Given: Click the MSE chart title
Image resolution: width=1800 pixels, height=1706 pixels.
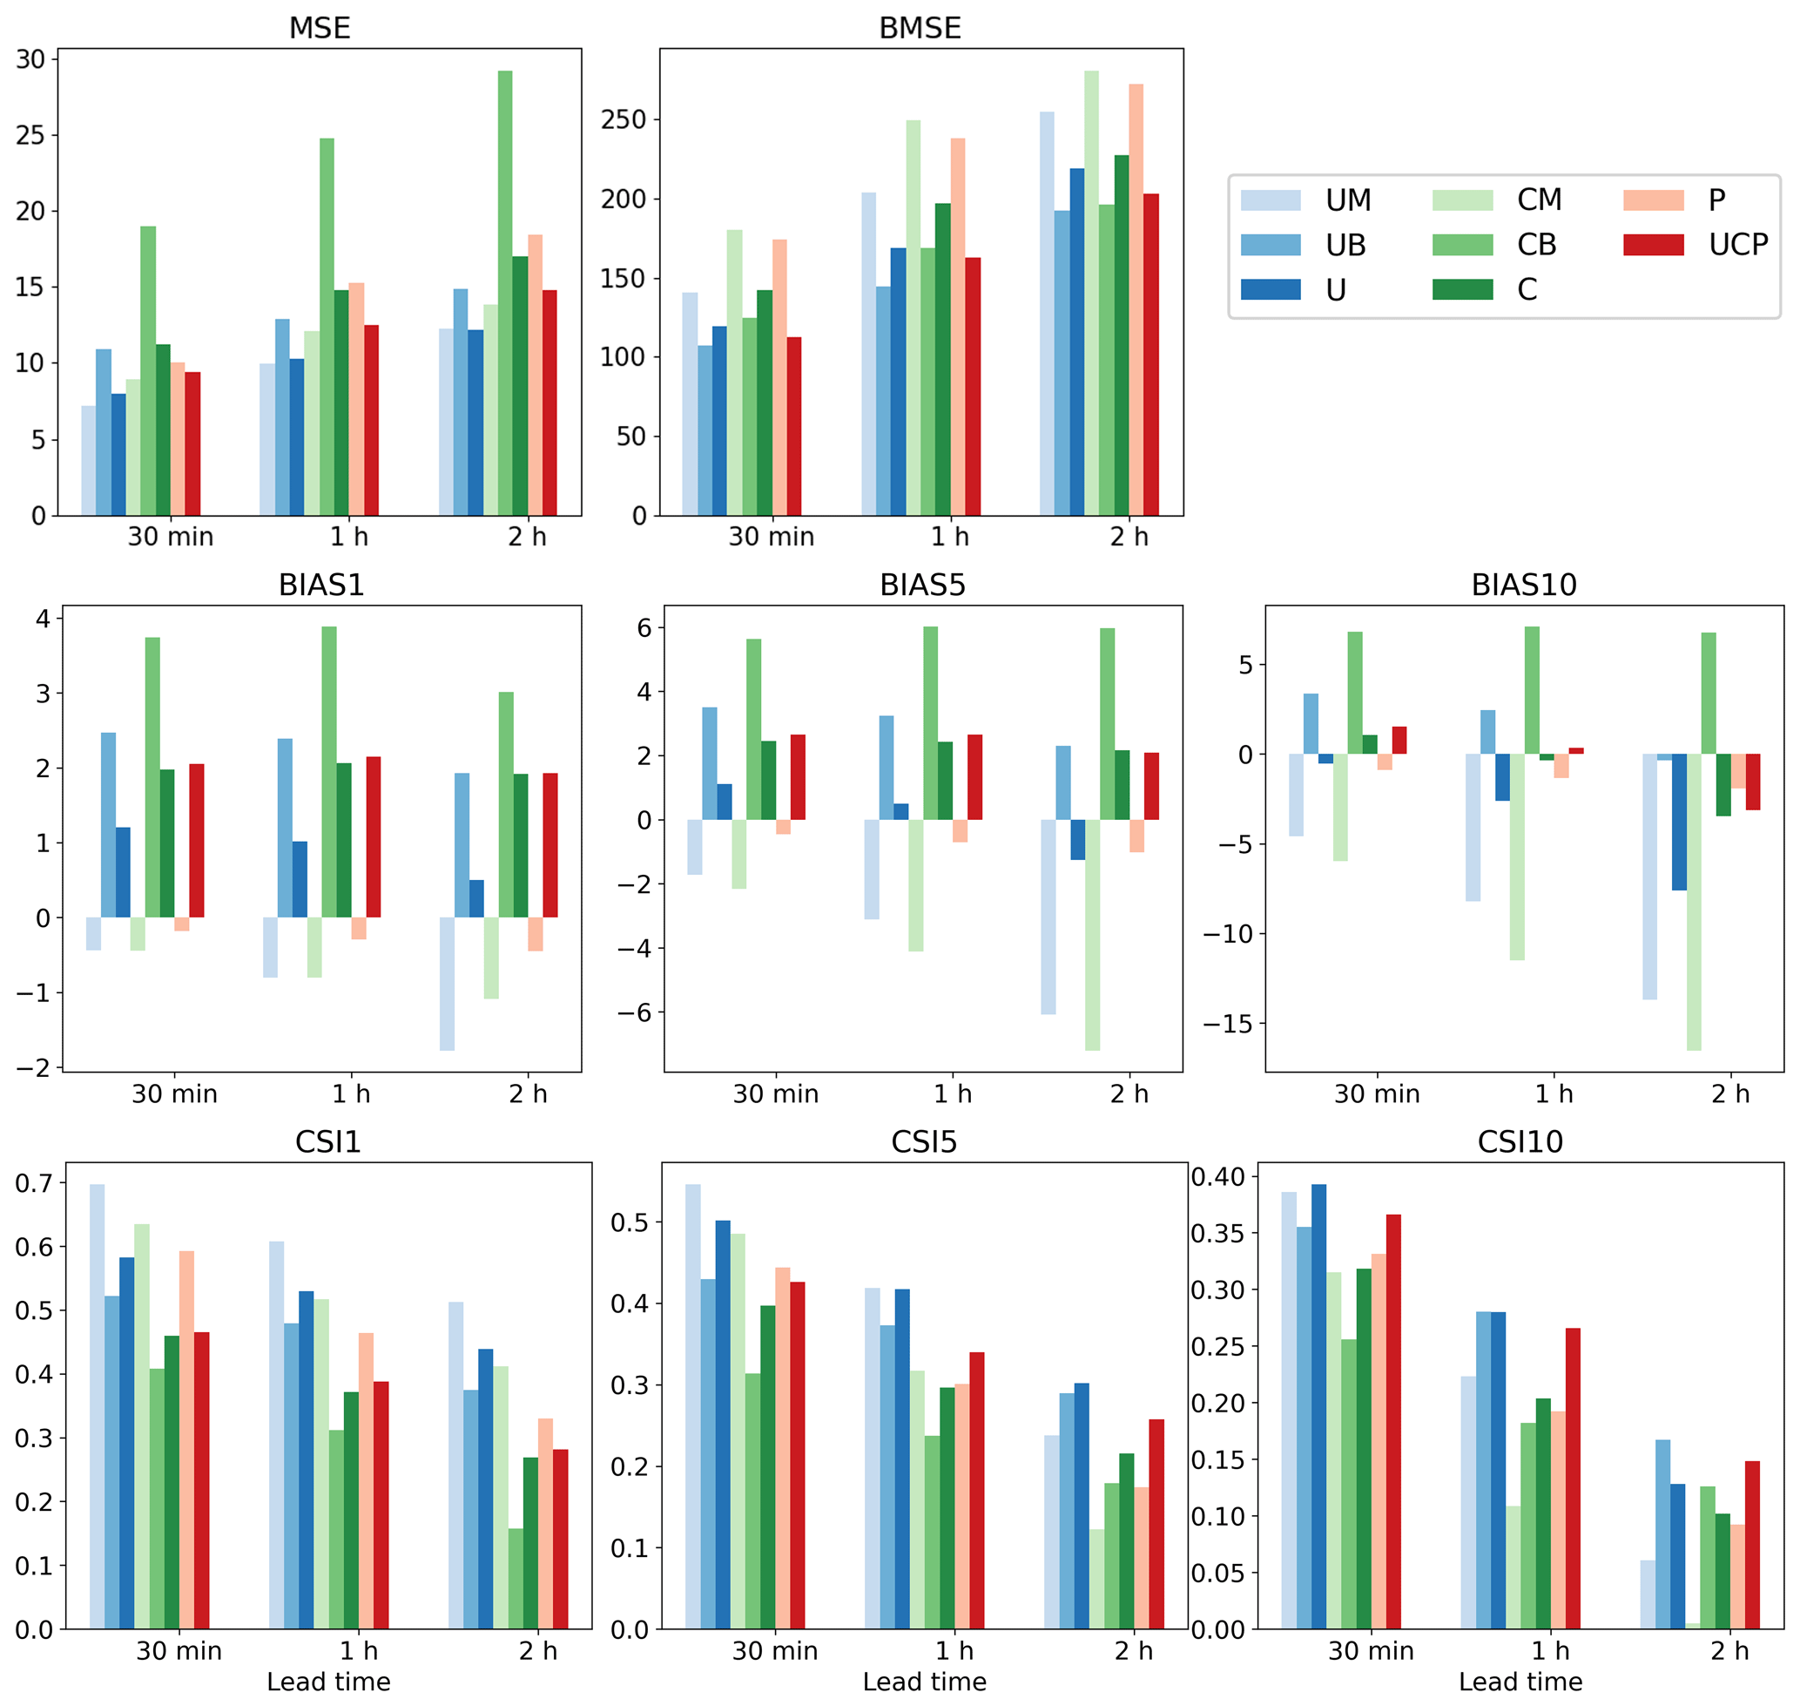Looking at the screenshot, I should click(x=319, y=28).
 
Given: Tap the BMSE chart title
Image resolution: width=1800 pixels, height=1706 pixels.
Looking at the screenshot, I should click(x=919, y=28).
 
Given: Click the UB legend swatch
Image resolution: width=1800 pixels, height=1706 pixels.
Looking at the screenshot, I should click(x=1270, y=245).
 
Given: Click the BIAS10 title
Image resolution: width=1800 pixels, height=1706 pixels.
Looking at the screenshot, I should click(x=1524, y=585).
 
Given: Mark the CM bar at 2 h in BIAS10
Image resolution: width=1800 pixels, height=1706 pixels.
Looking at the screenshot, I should click(x=1694, y=901).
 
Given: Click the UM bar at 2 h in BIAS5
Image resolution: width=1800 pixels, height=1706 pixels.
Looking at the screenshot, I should click(x=1048, y=917).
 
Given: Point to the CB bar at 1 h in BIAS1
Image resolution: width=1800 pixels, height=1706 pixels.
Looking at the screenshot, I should click(x=329, y=772).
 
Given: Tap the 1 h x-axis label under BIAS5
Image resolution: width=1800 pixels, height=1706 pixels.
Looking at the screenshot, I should click(x=953, y=1094).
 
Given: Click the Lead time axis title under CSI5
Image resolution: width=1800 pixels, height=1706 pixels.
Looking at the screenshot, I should click(x=924, y=1682).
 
